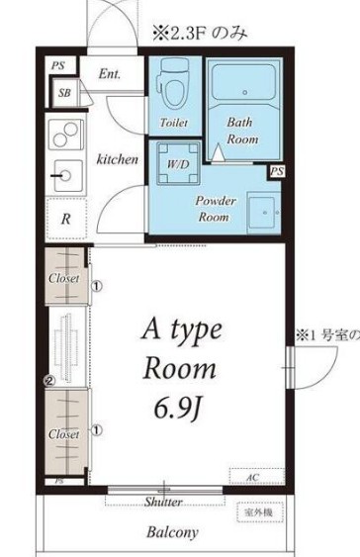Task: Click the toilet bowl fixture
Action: point(174,85)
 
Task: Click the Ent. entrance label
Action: point(110,73)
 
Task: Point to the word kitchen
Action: point(116,157)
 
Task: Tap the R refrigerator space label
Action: point(65,220)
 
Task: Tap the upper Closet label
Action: point(64,279)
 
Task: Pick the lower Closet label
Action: point(64,433)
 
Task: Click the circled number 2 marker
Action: point(47,379)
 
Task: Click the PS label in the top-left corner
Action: point(57,67)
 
